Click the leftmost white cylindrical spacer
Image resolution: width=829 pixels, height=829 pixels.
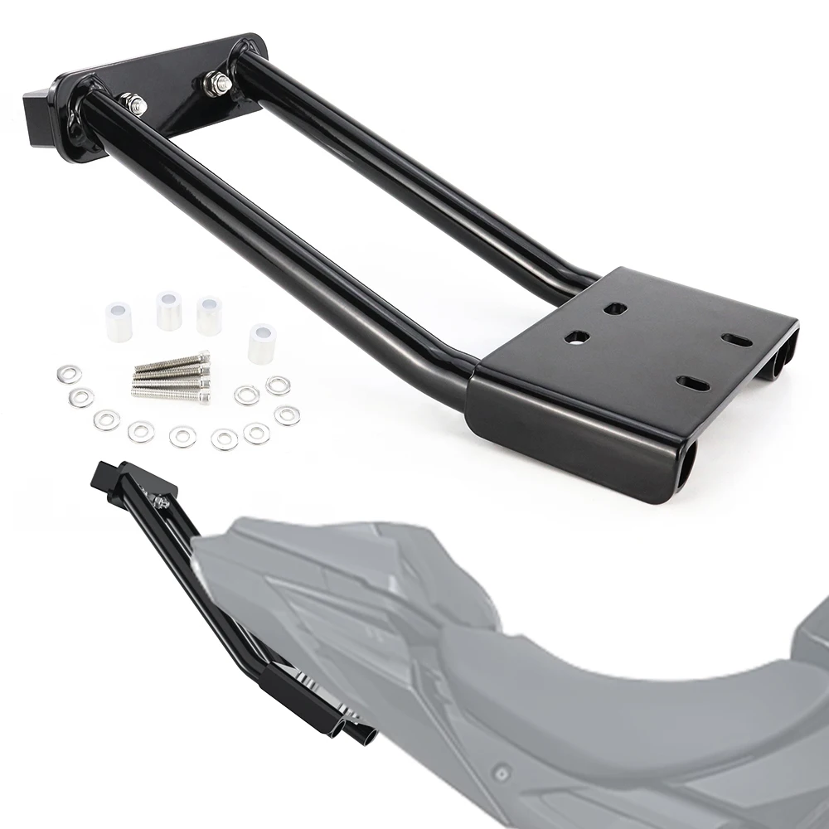pos(118,322)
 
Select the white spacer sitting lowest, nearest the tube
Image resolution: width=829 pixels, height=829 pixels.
pos(261,343)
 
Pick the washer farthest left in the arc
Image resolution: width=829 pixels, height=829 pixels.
pos(69,374)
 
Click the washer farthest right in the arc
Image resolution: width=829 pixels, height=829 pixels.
pos(287,414)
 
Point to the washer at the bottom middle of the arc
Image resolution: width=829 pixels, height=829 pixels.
pos(182,436)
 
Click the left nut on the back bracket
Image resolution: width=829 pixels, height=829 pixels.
pos(133,104)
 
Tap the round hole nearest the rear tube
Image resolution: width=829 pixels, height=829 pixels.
pos(615,308)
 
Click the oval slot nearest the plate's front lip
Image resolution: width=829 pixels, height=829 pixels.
pos(693,383)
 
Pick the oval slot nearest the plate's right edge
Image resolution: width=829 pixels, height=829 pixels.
pos(736,340)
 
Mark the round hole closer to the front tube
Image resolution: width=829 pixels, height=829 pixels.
pos(577,337)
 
